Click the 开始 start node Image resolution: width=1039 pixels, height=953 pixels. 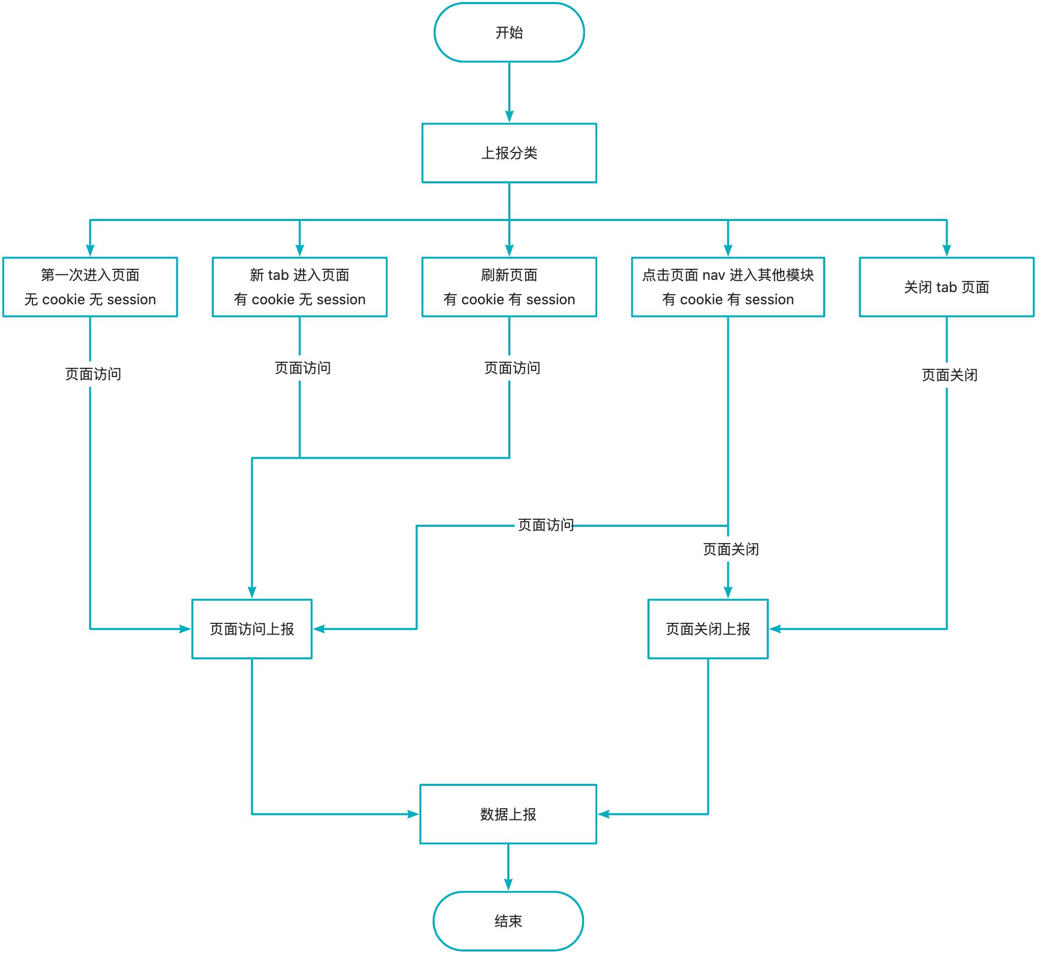click(x=509, y=33)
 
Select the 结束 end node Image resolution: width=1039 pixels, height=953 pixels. click(x=508, y=920)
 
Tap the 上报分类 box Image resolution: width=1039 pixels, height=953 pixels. click(x=509, y=153)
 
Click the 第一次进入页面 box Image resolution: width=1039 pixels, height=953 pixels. click(x=90, y=287)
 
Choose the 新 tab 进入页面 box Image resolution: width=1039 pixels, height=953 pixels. click(x=300, y=287)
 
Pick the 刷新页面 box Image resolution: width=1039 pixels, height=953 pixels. click(x=509, y=287)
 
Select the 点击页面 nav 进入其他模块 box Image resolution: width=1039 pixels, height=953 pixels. click(x=728, y=287)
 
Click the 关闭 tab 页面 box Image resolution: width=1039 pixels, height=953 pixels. click(x=946, y=287)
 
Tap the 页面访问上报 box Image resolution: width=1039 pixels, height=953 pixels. click(x=252, y=629)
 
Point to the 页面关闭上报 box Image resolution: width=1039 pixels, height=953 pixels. click(x=707, y=629)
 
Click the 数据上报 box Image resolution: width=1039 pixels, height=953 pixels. click(x=508, y=814)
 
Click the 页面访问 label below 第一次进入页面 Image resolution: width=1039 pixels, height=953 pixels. click(x=93, y=374)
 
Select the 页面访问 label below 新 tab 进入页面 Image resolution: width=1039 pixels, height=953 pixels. click(x=303, y=368)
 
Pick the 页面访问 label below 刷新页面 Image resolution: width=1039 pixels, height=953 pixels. click(x=512, y=368)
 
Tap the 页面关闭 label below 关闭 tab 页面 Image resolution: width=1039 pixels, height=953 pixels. click(x=949, y=375)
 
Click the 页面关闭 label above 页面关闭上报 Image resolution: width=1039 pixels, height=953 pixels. click(x=731, y=549)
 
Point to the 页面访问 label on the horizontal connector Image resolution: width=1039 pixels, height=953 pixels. click(x=546, y=525)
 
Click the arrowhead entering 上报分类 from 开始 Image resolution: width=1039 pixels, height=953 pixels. click(x=509, y=116)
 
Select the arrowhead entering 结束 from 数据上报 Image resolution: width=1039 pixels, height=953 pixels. click(x=508, y=884)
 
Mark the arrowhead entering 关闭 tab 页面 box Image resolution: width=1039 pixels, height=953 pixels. click(x=947, y=250)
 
